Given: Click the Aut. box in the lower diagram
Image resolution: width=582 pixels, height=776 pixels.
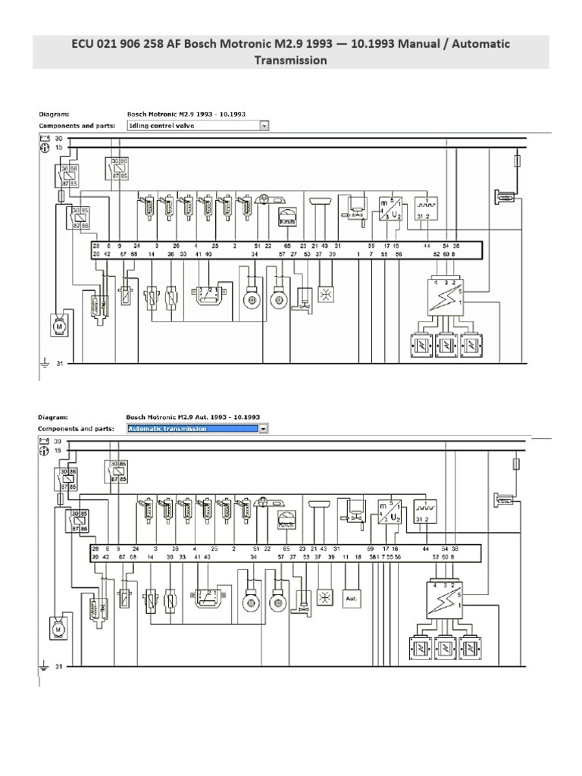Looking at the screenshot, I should (351, 598).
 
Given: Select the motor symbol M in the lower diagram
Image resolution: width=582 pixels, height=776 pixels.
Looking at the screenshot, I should (56, 627).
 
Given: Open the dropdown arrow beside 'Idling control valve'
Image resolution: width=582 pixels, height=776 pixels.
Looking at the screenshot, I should (264, 126).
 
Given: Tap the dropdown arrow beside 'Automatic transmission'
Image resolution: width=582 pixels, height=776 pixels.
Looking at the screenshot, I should (263, 428).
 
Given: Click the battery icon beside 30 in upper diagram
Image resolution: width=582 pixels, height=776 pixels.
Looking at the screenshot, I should (44, 139).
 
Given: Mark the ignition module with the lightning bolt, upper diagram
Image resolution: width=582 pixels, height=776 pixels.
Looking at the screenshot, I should (445, 296).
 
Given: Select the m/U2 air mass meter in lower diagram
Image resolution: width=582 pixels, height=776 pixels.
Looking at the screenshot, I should (390, 512).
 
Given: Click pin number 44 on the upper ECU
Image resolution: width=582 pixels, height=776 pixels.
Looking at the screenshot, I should (427, 246).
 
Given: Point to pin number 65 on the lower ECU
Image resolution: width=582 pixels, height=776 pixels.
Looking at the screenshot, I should (286, 548).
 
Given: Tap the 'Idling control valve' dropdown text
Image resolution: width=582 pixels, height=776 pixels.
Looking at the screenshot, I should (192, 126).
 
